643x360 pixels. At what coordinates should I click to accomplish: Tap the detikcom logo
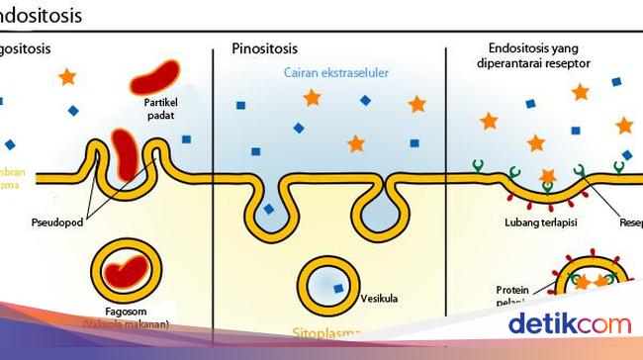569,323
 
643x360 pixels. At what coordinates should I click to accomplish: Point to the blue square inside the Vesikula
340,289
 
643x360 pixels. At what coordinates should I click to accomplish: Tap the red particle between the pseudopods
126,153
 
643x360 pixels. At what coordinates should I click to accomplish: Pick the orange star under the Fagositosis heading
66,76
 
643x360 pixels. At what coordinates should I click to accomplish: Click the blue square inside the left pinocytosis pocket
269,210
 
